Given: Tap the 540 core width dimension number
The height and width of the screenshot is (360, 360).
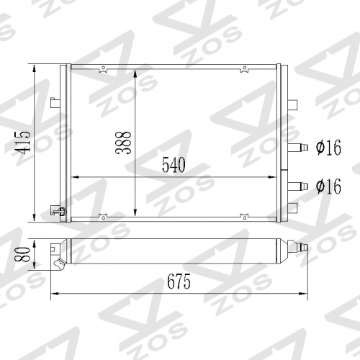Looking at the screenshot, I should (x=174, y=165).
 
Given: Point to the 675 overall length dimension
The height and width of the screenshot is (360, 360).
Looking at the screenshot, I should (x=179, y=282).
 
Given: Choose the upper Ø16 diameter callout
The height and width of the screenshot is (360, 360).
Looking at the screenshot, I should (x=328, y=149).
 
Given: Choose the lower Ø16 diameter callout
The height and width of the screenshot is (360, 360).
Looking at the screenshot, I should (x=328, y=186).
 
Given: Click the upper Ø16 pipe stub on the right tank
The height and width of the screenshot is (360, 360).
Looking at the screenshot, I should (x=299, y=148).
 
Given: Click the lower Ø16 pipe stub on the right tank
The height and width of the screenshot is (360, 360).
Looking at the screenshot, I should (x=299, y=186).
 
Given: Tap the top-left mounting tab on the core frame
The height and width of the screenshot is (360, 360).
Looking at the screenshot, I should (x=105, y=70).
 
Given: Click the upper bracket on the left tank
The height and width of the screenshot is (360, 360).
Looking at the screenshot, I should (x=55, y=102).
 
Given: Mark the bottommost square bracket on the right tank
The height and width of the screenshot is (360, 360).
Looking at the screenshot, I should (x=292, y=208).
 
